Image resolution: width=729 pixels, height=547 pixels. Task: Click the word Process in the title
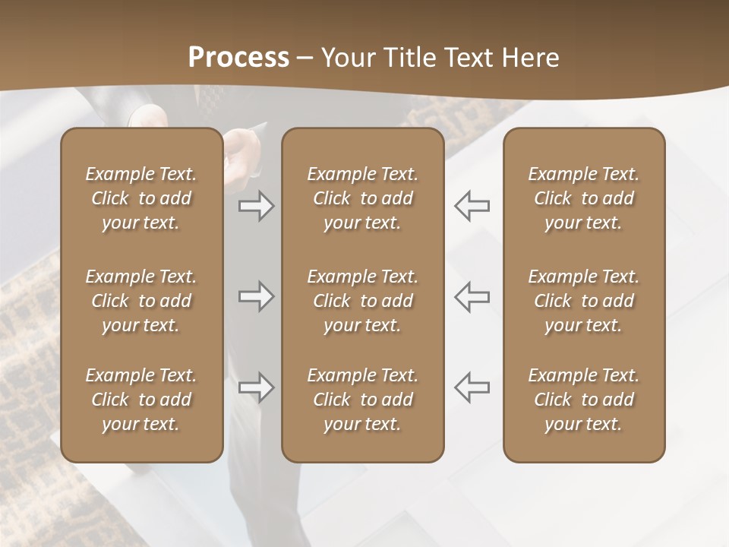[238, 58]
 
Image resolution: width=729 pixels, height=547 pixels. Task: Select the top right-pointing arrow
[256, 205]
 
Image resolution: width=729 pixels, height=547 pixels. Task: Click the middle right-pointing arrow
[256, 296]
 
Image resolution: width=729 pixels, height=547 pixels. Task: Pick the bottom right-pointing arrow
[256, 387]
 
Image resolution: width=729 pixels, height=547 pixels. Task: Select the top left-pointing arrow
[472, 205]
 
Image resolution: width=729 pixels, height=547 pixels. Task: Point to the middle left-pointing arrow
[472, 296]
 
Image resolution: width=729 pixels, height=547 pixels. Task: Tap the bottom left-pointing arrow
[472, 387]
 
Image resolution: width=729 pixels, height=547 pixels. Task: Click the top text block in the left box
[141, 198]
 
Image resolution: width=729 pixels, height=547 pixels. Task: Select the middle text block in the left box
[141, 301]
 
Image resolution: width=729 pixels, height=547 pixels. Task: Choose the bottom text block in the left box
[141, 400]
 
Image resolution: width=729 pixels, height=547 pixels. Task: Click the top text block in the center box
[362, 198]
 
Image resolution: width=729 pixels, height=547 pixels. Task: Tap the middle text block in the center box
[362, 301]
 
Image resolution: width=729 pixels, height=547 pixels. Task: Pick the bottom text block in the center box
[362, 400]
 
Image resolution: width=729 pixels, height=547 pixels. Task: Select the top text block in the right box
[583, 198]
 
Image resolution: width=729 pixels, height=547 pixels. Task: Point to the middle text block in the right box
[583, 301]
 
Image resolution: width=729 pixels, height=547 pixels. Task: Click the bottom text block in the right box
[583, 400]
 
